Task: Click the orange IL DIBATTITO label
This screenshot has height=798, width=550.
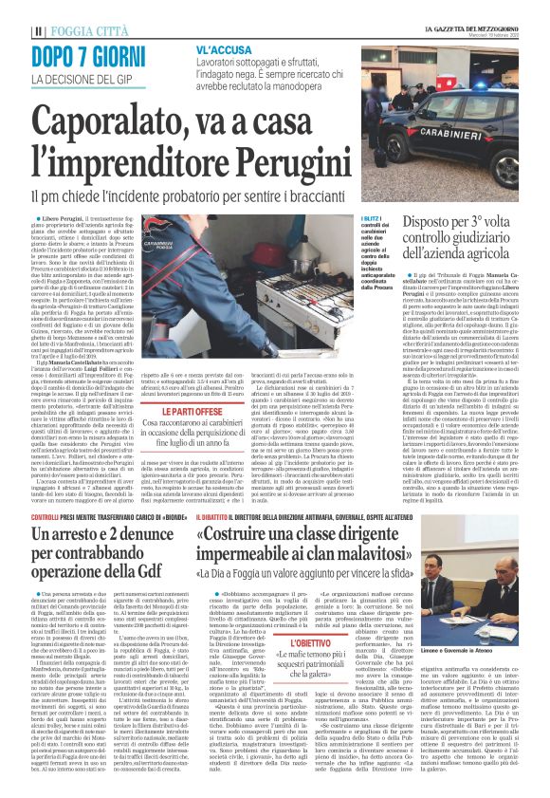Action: click(218, 516)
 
